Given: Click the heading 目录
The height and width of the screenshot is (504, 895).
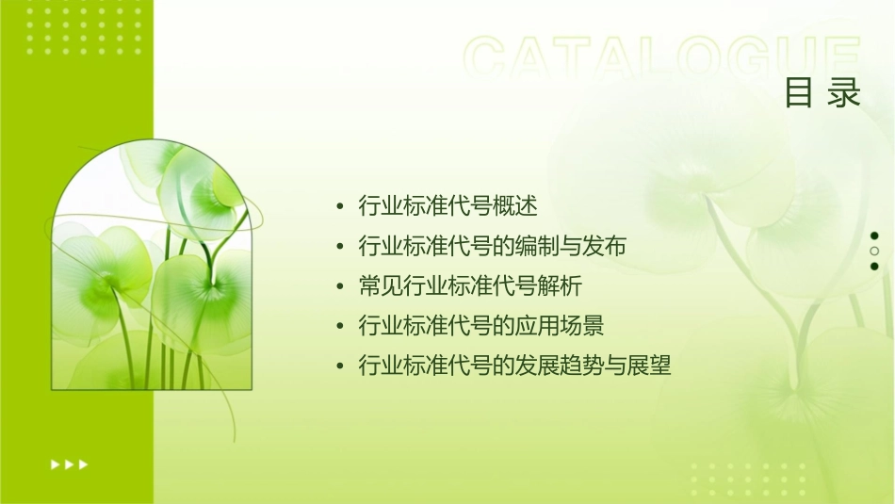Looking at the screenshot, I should pos(822,93).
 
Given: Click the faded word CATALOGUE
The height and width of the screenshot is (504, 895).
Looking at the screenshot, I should pos(662,59).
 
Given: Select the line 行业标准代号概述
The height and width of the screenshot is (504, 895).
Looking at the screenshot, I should pos(448,205).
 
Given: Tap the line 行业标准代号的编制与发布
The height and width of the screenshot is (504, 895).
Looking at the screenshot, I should pos(493,246).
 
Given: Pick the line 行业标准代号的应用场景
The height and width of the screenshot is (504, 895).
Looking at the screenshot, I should pos(481,326).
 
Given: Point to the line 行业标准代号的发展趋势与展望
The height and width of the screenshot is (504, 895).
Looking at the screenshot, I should pos(515,366).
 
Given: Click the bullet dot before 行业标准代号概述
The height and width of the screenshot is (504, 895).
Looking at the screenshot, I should pos(340,206).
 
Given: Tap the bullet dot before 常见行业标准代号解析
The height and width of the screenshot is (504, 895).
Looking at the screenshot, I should pos(340,286).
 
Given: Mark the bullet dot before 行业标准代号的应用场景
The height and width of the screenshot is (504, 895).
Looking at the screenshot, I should pos(340,327).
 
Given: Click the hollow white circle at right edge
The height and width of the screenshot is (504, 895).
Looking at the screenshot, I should pos(875,251).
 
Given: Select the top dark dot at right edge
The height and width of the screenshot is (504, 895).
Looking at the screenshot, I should pos(875,236).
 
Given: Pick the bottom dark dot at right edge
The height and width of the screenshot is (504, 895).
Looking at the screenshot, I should pos(875,266).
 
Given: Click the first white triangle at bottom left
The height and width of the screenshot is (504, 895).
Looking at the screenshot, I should pos(55,463).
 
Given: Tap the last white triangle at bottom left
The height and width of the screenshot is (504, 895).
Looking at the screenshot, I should pos(84,463).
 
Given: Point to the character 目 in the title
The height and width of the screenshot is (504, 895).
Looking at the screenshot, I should pos(800,93).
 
